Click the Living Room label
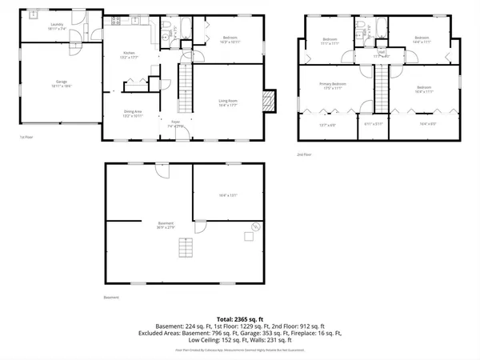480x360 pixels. click(x=229, y=100)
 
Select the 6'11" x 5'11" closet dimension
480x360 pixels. click(x=372, y=123)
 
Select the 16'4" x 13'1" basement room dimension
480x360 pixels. click(x=228, y=194)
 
